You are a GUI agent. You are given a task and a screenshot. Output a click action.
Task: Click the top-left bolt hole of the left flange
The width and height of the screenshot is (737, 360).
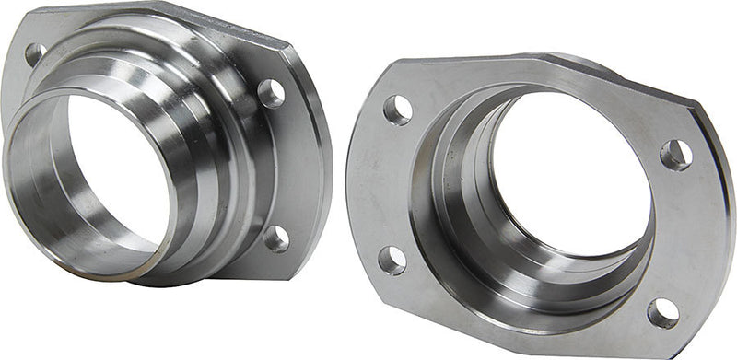click(x=35, y=53)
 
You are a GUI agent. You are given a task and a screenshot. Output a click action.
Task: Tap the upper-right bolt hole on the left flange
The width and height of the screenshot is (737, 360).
click(x=271, y=92)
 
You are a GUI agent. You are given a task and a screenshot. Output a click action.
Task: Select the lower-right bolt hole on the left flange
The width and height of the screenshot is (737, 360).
click(x=275, y=238)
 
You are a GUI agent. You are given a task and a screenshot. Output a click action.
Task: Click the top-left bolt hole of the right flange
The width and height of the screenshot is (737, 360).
click(x=397, y=110)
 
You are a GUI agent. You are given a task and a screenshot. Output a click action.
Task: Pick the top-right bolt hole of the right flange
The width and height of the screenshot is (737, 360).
click(x=675, y=154)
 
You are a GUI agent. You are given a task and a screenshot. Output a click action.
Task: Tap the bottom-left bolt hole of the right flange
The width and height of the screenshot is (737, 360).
click(x=392, y=260)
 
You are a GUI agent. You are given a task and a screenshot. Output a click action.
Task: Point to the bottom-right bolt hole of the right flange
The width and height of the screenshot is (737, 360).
click(x=662, y=312)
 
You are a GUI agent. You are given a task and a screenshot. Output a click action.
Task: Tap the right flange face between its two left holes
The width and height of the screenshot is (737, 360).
click(x=382, y=184)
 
